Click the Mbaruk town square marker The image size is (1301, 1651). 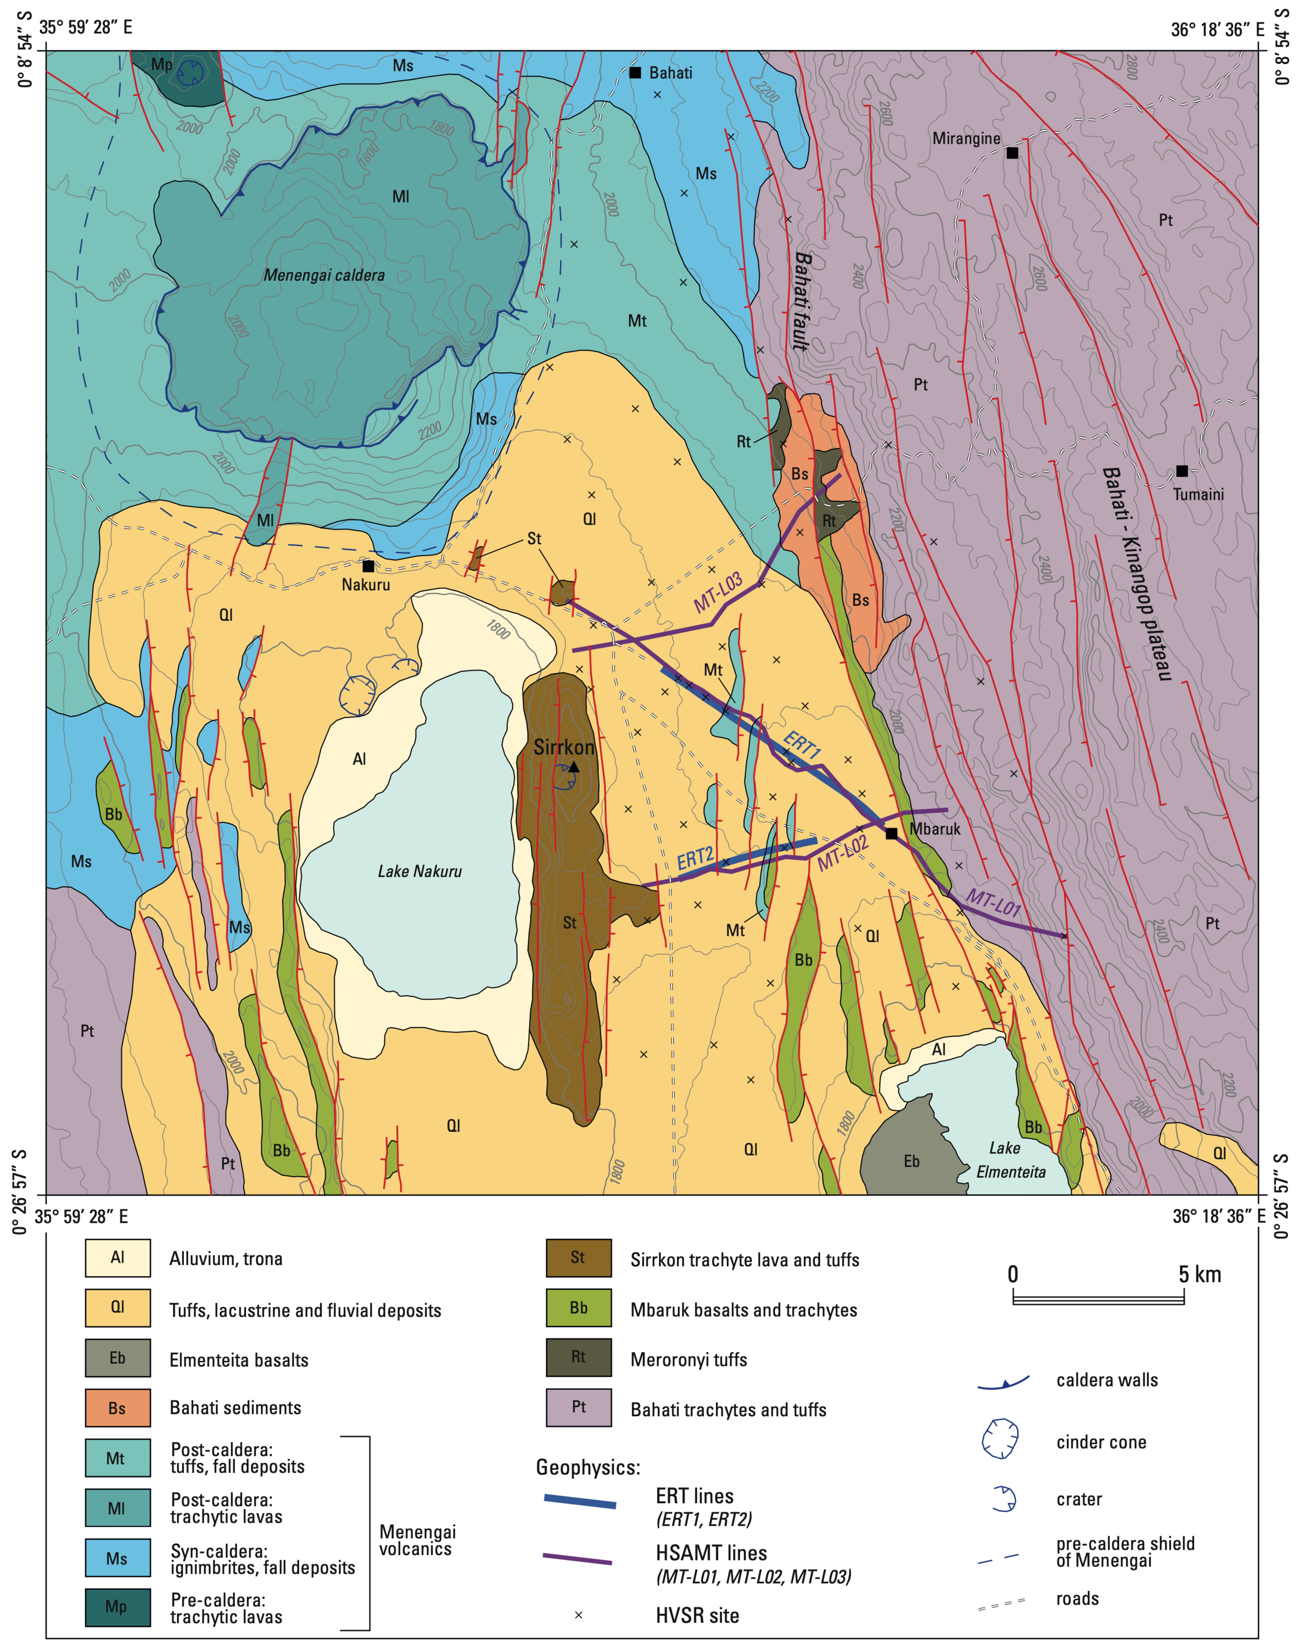(x=891, y=833)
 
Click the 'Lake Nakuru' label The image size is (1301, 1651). (x=420, y=871)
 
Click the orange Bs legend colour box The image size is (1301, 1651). (x=117, y=1407)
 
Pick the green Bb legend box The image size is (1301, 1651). (x=578, y=1308)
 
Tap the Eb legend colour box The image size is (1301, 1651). (x=117, y=1358)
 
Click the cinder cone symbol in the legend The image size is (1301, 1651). (x=1000, y=1439)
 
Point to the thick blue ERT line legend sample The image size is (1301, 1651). (x=580, y=1503)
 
